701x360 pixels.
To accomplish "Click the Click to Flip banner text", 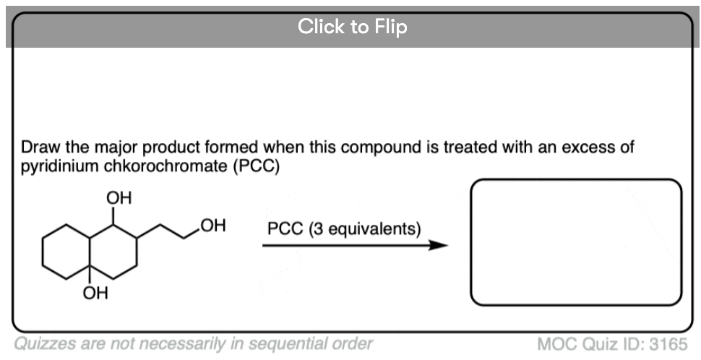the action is [352, 27].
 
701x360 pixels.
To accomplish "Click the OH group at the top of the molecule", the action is [119, 198].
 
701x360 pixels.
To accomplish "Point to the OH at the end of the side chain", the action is [213, 226].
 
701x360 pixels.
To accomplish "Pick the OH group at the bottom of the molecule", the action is [95, 293].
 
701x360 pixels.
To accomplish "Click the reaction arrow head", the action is [438, 245].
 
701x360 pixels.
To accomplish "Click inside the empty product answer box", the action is [576, 242].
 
